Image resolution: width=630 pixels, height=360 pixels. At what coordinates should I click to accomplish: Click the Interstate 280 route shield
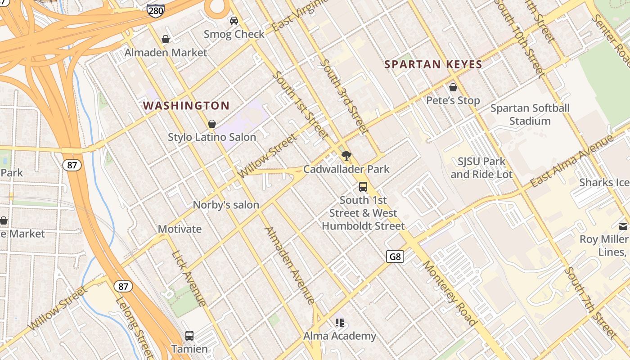tap(156, 10)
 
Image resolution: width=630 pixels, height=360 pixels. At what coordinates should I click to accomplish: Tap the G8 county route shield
tap(395, 256)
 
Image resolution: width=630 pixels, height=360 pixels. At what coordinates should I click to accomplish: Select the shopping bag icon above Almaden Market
tap(166, 39)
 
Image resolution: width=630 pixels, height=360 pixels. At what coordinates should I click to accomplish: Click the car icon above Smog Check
tap(234, 20)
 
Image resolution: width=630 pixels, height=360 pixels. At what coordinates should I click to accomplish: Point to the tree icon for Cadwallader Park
tap(346, 156)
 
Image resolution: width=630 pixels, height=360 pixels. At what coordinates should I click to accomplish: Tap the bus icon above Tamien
tap(189, 335)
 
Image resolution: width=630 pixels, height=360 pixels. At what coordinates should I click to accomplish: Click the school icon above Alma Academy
tap(340, 322)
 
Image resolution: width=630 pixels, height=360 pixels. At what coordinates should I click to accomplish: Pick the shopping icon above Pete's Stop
tap(453, 87)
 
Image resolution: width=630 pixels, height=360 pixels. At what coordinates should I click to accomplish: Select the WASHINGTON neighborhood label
tap(186, 106)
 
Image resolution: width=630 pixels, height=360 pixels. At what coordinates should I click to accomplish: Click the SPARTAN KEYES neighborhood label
tap(433, 64)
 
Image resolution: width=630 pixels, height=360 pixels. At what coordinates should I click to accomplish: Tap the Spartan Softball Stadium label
tap(530, 114)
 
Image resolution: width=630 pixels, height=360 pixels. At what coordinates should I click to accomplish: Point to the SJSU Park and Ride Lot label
tap(481, 167)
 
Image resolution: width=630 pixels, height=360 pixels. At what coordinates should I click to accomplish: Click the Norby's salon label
tap(226, 205)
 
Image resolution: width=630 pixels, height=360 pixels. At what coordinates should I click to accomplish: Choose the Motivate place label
tap(180, 229)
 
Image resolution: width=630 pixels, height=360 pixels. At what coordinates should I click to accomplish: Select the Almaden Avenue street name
tap(290, 265)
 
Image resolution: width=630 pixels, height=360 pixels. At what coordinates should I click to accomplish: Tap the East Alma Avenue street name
tap(571, 161)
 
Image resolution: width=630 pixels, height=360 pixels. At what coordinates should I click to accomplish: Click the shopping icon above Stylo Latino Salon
tap(211, 124)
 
